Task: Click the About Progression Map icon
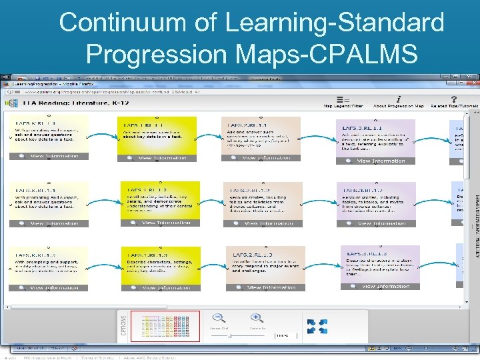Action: tap(398, 100)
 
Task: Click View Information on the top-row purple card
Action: tap(377, 161)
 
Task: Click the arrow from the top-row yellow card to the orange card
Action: tap(209, 137)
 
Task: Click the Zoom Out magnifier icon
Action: tap(218, 319)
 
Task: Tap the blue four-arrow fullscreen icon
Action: tap(317, 326)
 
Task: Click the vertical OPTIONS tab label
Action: tap(122, 326)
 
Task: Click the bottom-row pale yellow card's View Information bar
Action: tap(49, 288)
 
